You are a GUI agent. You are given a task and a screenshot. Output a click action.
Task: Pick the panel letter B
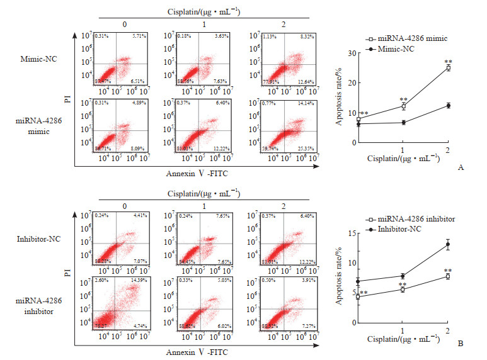point(461,344)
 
